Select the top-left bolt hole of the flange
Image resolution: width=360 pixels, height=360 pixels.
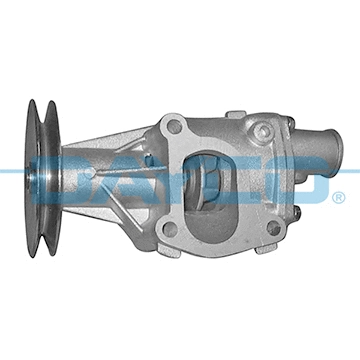(x=175, y=127)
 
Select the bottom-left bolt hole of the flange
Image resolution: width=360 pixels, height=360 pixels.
(x=170, y=229)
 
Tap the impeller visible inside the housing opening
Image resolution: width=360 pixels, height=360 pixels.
(x=216, y=180)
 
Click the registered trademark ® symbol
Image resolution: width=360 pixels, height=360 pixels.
(x=339, y=198)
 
